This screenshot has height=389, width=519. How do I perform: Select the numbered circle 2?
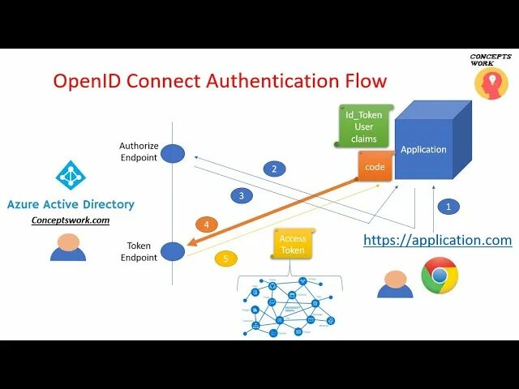coord(274,169)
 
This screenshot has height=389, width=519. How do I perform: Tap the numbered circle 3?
coord(241,195)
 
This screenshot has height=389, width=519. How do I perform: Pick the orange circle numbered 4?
coord(207,224)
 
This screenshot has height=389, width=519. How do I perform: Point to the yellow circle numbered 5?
coord(226,259)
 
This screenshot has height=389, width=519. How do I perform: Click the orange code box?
coord(375,166)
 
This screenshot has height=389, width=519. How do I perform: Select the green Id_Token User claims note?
coord(363,126)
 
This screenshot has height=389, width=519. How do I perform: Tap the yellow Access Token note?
coord(293,244)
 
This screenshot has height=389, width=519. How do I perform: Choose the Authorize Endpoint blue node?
coord(173,153)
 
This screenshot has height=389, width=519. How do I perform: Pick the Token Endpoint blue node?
coord(173,251)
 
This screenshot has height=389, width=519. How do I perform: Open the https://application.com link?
coord(437,240)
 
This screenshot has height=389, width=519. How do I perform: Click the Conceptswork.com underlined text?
coord(70,220)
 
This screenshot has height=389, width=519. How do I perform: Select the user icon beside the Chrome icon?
coord(395,284)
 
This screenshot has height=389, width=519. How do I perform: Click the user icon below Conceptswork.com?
coord(68,246)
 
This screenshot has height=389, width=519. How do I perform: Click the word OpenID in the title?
coord(87,81)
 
